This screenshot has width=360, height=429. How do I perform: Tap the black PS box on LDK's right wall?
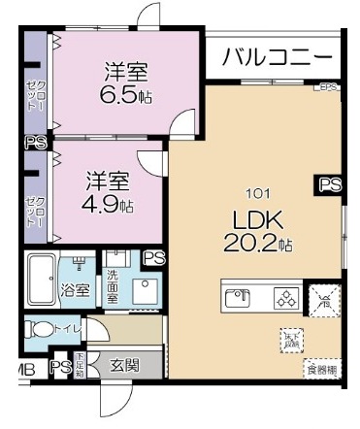(330, 183)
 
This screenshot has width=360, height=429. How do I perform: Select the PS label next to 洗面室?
(152, 257)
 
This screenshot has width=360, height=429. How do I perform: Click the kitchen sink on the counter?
(237, 298)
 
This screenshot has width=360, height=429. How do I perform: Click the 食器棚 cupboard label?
(321, 369)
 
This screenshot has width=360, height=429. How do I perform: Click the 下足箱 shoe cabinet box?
(81, 366)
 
